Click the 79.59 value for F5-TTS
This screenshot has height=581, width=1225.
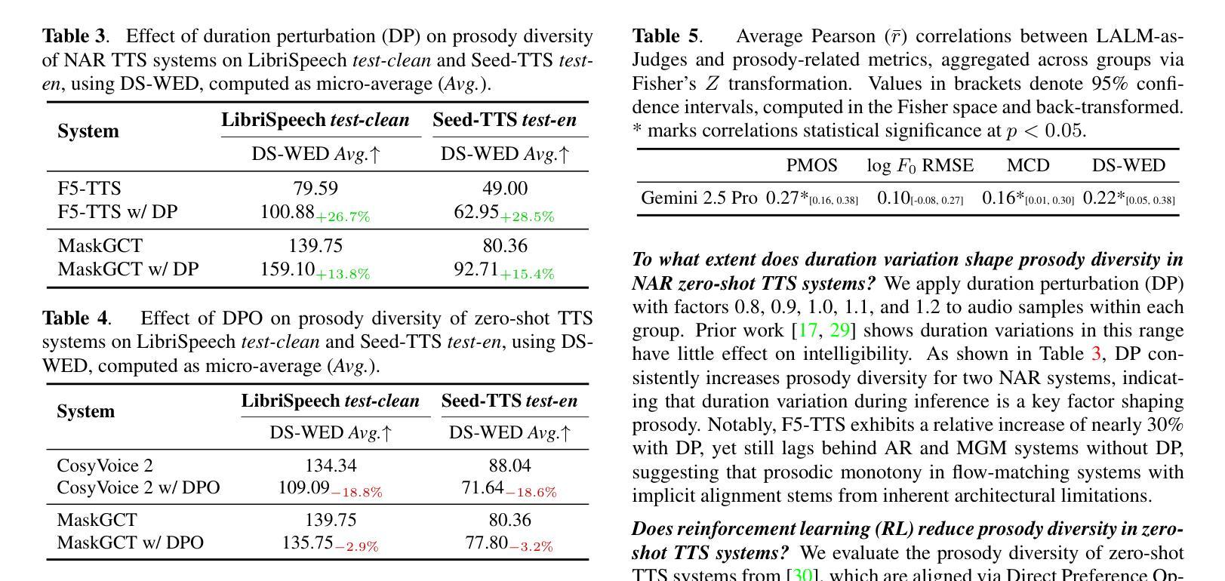(315, 189)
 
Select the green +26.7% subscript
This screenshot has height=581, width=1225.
(343, 217)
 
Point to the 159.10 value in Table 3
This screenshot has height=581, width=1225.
(287, 269)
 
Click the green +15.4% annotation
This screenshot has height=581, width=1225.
(527, 274)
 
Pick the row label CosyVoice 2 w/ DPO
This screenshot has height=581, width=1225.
(138, 488)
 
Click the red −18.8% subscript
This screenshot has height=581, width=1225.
(356, 493)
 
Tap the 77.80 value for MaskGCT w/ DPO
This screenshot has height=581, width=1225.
(487, 543)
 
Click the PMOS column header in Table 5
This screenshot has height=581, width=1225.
(811, 166)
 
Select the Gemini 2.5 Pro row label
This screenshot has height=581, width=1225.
(699, 198)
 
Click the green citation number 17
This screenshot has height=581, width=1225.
(808, 330)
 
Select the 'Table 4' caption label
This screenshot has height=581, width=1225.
(75, 318)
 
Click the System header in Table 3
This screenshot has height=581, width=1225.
(88, 131)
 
